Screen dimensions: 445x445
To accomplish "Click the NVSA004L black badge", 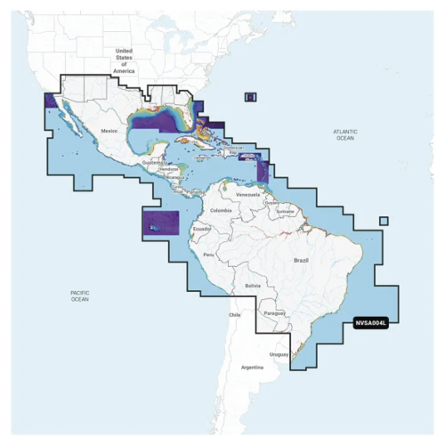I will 371,324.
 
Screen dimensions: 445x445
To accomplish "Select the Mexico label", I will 109,131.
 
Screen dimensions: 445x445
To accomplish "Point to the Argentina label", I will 253,367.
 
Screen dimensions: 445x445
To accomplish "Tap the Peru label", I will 210,255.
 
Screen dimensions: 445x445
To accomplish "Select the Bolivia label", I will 253,285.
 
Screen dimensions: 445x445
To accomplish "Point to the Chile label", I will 235,315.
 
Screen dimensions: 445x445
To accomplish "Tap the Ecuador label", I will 202,229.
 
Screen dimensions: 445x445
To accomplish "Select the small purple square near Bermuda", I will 251,96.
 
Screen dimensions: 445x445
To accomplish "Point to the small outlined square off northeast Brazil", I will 384,222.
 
